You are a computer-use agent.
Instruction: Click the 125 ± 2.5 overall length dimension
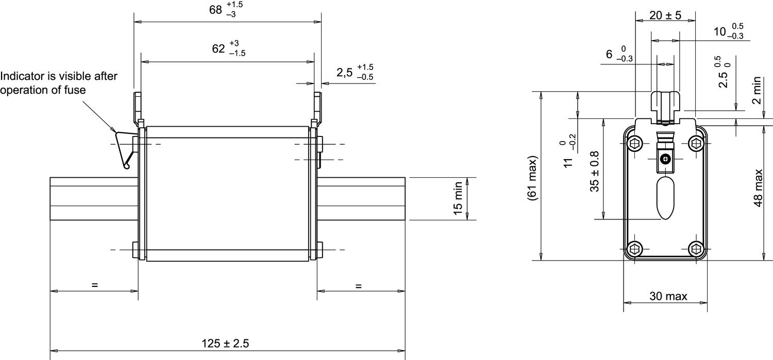(227, 343)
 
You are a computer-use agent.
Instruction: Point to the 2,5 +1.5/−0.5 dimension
(355, 73)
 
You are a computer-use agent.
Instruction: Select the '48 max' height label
(758, 188)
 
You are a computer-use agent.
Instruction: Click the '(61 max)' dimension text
(533, 178)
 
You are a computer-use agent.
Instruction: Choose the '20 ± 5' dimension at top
(665, 15)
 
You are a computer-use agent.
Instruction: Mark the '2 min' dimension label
(757, 90)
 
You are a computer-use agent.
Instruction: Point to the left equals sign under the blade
(94, 285)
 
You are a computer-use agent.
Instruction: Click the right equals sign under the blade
(359, 285)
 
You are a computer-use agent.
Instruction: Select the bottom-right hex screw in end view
(696, 249)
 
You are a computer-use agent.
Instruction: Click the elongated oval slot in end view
(666, 198)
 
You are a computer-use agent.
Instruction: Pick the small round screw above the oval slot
(666, 159)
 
